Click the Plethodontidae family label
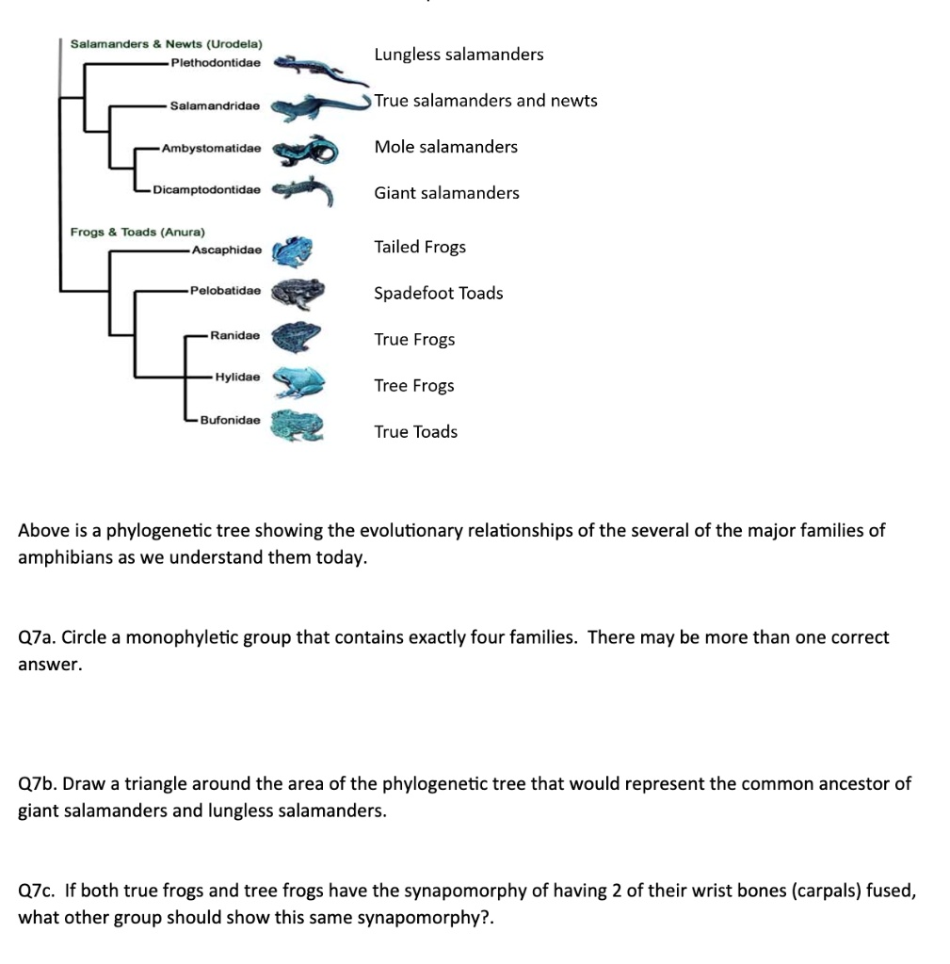(x=216, y=63)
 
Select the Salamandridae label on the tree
(x=216, y=106)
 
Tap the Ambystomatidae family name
(x=211, y=149)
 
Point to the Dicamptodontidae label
(x=206, y=190)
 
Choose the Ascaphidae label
(x=226, y=250)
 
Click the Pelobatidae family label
(x=225, y=291)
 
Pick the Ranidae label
(x=235, y=335)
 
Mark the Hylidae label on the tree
(x=237, y=377)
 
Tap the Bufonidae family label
(x=230, y=420)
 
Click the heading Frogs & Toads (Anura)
(x=137, y=232)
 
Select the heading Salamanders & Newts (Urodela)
(x=167, y=44)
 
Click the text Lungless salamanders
(x=459, y=55)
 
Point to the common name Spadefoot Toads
(x=438, y=294)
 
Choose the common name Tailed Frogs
(x=420, y=248)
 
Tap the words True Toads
(x=415, y=432)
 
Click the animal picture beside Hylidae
(x=298, y=381)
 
